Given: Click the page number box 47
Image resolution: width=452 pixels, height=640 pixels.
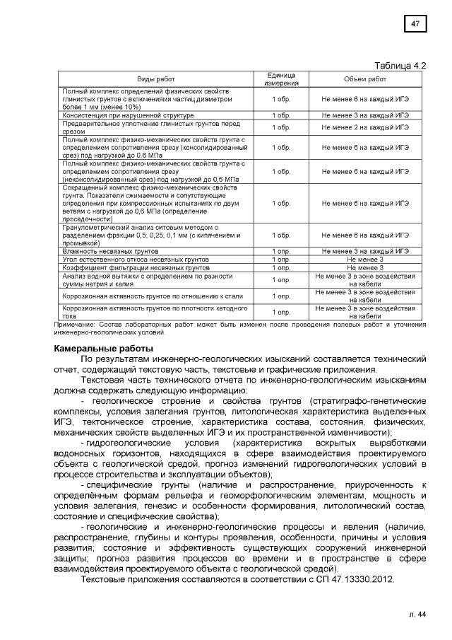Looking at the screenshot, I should (x=415, y=25).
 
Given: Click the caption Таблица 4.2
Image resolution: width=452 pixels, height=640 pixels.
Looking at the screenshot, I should (x=402, y=66).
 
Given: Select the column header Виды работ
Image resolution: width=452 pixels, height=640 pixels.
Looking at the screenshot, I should (x=155, y=79).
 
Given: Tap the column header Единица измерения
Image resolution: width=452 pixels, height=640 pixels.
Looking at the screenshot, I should (x=281, y=79).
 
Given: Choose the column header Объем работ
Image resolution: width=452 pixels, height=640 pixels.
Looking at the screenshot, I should (x=365, y=79).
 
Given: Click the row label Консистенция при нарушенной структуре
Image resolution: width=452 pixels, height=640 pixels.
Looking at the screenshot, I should (x=128, y=115).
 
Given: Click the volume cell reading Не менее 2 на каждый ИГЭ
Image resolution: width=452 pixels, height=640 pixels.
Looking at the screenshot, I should (x=365, y=127).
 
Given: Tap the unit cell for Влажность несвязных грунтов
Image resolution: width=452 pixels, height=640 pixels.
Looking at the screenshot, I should (x=281, y=251).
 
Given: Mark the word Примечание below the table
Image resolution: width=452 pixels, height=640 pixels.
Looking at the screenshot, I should (x=75, y=324).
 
